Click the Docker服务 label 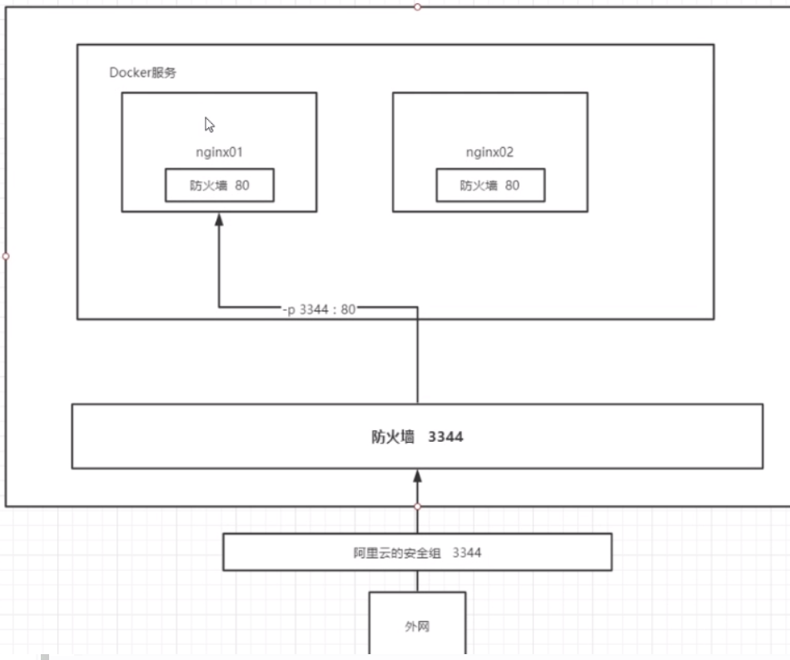point(142,73)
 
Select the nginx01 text point(219,153)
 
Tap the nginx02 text point(489,153)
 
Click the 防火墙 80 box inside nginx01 point(220,186)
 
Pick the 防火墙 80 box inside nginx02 point(490,186)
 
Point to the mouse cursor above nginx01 point(210,125)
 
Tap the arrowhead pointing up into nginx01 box point(219,219)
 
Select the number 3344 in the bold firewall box point(445,437)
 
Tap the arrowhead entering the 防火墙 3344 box point(418,476)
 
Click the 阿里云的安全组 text point(395,553)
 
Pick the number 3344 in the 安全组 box point(467,553)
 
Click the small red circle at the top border point(418,7)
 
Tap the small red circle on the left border point(6,256)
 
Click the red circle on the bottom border point(418,506)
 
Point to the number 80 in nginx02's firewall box point(512,186)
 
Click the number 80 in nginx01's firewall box point(241,186)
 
